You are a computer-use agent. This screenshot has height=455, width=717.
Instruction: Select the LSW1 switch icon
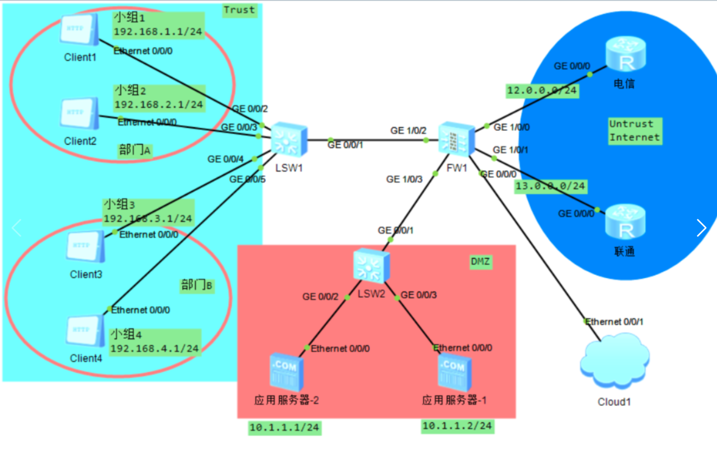tap(288, 140)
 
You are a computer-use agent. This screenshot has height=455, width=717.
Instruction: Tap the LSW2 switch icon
tap(372, 266)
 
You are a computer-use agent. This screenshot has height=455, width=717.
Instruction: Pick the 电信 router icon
tap(626, 54)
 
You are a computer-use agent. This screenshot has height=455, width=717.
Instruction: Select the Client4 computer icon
tap(85, 331)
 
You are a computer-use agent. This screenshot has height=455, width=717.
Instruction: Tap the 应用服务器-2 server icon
tap(286, 372)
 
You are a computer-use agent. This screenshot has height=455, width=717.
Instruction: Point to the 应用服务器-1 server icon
tap(455, 372)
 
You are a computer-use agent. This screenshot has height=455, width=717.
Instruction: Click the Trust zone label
tap(239, 10)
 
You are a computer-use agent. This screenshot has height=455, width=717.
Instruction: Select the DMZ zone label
tap(481, 262)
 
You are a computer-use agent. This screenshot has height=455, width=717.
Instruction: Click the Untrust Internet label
tap(634, 131)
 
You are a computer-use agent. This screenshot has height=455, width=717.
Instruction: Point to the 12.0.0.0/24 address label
tap(542, 90)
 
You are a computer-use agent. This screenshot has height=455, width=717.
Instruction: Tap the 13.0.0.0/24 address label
tap(550, 186)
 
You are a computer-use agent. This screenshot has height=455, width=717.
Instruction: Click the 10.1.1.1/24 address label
tap(285, 428)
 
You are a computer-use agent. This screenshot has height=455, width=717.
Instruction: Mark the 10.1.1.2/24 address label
tap(457, 426)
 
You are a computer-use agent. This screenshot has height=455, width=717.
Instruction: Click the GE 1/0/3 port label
tap(404, 179)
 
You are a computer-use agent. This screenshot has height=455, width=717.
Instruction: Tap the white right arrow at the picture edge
tap(701, 227)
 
